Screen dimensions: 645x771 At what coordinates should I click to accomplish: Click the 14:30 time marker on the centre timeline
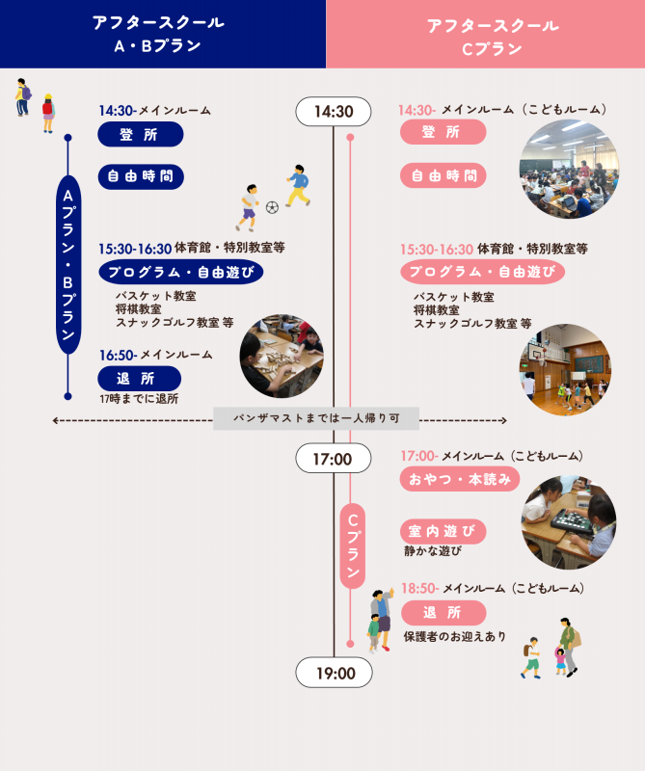pyautogui.click(x=333, y=112)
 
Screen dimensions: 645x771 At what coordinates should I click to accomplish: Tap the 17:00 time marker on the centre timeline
pyautogui.click(x=333, y=459)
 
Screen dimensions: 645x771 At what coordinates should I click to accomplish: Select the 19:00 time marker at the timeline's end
pyautogui.click(x=334, y=673)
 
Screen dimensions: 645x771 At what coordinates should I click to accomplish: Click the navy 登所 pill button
pyautogui.click(x=141, y=134)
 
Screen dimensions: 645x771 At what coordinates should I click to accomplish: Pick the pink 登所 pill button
pyautogui.click(x=443, y=132)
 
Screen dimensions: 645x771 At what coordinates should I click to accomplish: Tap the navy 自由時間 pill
pyautogui.click(x=141, y=176)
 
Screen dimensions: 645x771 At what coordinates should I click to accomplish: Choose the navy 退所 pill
pyautogui.click(x=139, y=379)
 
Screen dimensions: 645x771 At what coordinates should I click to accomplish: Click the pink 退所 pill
pyautogui.click(x=443, y=613)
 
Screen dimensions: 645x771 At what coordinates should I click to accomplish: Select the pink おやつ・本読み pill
pyautogui.click(x=460, y=479)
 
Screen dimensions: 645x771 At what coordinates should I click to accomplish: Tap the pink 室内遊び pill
pyautogui.click(x=443, y=532)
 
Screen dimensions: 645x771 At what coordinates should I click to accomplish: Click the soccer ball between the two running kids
pyautogui.click(x=272, y=207)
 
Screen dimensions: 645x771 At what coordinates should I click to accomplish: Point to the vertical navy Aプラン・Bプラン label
pyautogui.click(x=68, y=264)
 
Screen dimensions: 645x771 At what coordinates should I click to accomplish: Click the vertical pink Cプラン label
pyautogui.click(x=352, y=545)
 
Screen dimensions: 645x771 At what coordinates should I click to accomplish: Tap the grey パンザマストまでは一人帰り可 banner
pyautogui.click(x=316, y=418)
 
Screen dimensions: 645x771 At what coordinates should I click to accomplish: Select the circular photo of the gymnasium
pyautogui.click(x=565, y=370)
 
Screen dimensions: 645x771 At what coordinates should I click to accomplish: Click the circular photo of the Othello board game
pyautogui.click(x=569, y=522)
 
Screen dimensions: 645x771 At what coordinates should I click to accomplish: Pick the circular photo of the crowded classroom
pyautogui.click(x=569, y=170)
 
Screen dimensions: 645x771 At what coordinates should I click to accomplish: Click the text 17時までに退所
pyautogui.click(x=139, y=399)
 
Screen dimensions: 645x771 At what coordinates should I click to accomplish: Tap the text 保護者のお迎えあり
pyautogui.click(x=455, y=637)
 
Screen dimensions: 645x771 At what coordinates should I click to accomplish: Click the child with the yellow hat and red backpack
pyautogui.click(x=47, y=113)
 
